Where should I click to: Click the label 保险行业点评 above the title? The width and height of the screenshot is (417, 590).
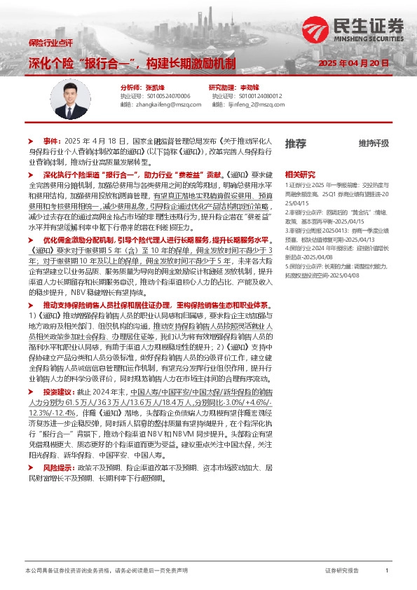point(44,43)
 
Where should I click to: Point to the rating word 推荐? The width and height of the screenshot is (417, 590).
point(295,144)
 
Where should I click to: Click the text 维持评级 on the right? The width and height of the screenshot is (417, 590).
point(373,144)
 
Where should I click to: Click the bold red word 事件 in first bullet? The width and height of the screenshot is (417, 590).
point(51,141)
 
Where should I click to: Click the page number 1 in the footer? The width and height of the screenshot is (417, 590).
point(387,571)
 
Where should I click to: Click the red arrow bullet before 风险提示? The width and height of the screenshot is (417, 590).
point(31,467)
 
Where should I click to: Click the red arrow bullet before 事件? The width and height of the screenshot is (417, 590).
point(31,141)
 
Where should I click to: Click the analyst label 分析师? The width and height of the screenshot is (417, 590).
point(111,88)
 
